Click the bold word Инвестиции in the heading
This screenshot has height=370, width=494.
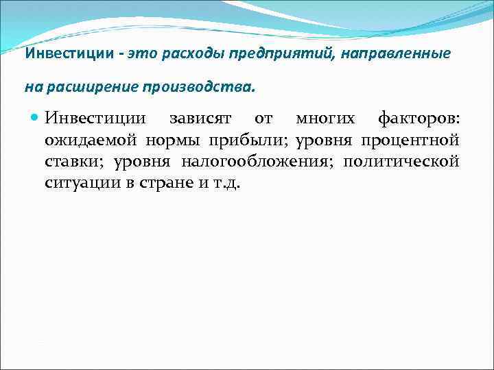[x=69, y=53]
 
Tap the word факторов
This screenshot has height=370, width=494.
[x=419, y=119]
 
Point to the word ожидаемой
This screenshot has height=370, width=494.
[x=91, y=140]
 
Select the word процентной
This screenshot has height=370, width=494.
[x=410, y=140]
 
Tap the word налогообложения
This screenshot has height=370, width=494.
[x=257, y=162]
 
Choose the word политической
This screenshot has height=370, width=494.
[x=401, y=162]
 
